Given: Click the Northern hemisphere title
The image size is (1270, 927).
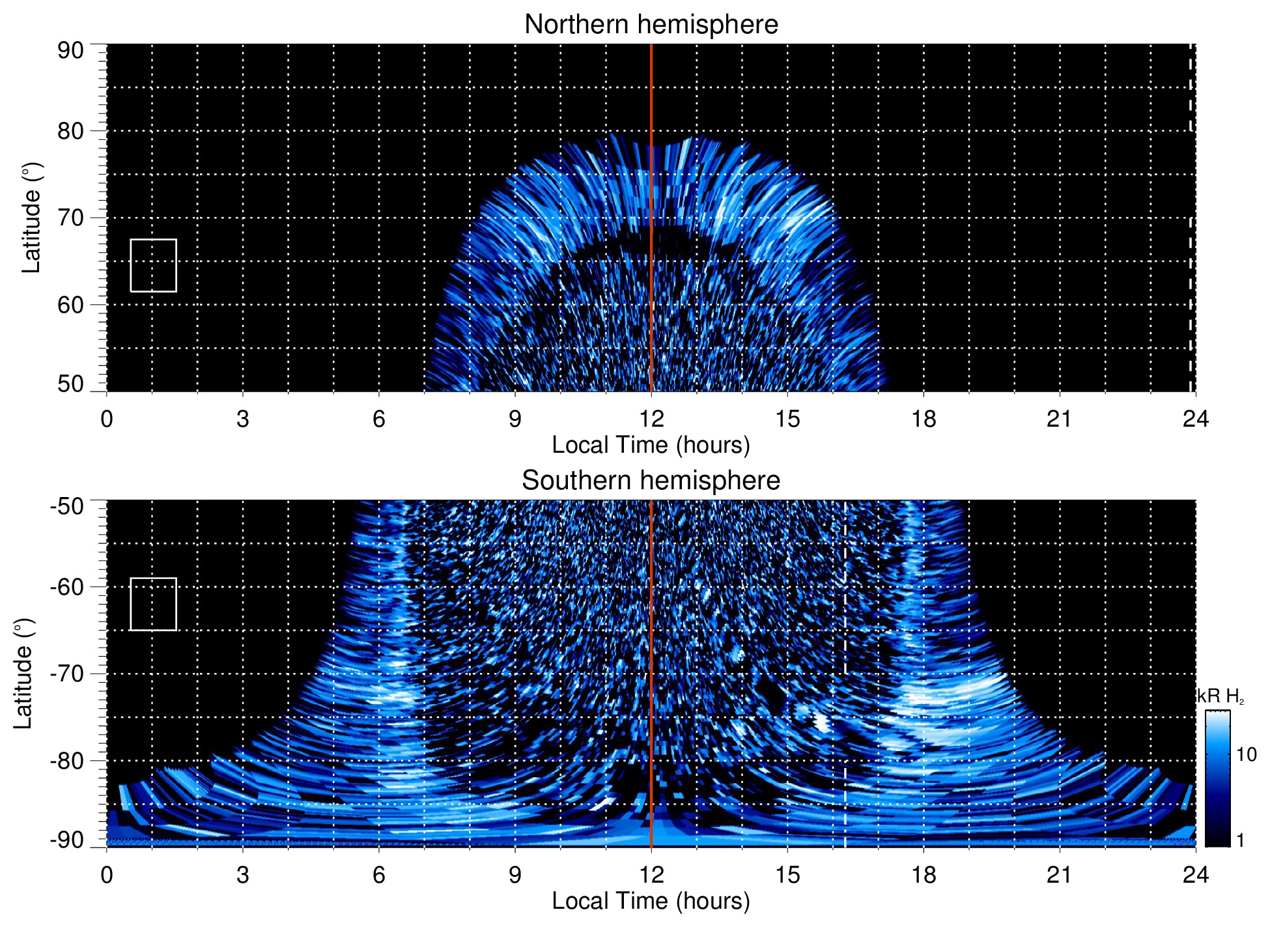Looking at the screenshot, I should pos(651,25).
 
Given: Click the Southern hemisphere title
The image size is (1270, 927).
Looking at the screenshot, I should pos(651,481).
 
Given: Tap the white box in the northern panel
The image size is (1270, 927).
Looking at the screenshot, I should pos(154,265).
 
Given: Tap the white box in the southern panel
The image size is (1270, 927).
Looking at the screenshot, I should pos(154,604).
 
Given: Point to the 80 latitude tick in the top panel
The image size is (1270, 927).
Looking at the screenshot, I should pos(70,131).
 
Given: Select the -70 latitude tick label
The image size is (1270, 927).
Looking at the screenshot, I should pos(67,674).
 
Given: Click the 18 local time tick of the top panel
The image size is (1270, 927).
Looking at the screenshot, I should pos(924,419).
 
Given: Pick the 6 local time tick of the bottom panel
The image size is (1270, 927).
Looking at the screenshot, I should pos(378,875).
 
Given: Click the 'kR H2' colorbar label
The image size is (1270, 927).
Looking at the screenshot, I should pos(1221,696).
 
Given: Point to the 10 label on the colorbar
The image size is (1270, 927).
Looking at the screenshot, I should pos(1246,754).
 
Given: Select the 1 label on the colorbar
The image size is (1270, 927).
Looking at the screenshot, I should pos(1240,840).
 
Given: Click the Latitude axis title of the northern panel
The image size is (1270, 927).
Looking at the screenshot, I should pos(31,218).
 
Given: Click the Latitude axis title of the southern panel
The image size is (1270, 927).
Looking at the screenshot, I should pos(23,674).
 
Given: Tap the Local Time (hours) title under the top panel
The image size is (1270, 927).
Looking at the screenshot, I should pos(651,445).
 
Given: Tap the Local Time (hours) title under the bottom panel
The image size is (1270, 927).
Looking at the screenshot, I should pos(651,901).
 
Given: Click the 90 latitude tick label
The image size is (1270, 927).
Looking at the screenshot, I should pos(70,51).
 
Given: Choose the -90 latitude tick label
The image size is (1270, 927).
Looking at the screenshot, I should pos(67,840).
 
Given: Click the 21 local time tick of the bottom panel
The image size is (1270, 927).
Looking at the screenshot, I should pos(1060,875).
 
